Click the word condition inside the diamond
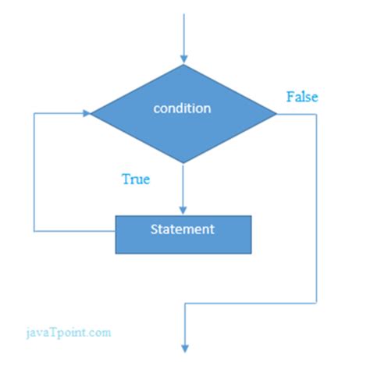click(182, 108)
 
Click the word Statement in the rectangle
click(183, 229)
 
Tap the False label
click(302, 97)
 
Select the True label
click(136, 179)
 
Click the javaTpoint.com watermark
click(69, 333)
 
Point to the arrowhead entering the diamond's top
click(184, 59)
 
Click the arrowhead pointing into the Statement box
click(183, 211)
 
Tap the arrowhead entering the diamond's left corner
click(87, 113)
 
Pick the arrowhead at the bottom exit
click(185, 349)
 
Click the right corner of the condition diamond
click(276, 114)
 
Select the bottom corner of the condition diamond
click(183, 163)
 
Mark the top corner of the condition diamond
click(184, 64)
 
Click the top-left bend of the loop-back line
click(34, 113)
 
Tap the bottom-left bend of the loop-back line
click(34, 231)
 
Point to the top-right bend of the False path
click(316, 114)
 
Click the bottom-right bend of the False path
click(316, 303)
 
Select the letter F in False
click(290, 97)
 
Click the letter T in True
click(126, 179)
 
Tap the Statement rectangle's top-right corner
click(251, 216)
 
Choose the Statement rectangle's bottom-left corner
click(116, 254)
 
